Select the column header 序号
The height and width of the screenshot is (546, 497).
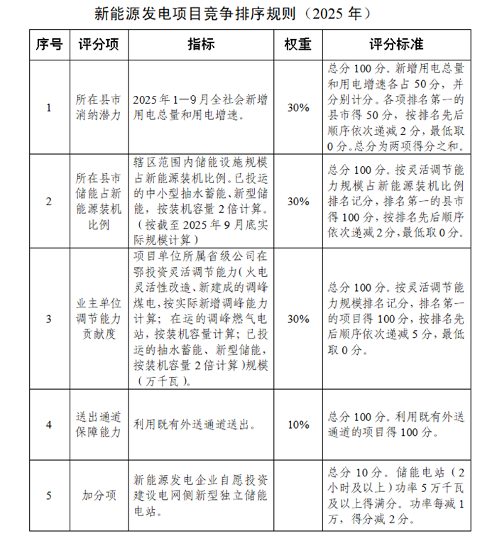coord(49,44)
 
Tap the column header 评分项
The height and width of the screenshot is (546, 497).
coord(99,44)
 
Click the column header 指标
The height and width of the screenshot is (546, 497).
coord(201,44)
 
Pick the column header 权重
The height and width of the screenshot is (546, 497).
coord(297,44)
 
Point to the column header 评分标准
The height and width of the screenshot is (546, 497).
coord(396,44)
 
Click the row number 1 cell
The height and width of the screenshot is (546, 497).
coord(49,108)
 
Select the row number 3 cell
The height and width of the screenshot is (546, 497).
coord(49,319)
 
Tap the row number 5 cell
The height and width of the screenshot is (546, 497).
coord(49,495)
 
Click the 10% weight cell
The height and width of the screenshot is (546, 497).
coord(297,425)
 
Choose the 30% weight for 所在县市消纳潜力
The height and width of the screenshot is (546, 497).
coord(297,108)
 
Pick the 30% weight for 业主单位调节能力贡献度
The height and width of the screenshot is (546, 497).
coord(297,319)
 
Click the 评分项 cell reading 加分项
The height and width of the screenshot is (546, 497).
coord(99,495)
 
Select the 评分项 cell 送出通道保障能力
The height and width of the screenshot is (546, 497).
coord(99,425)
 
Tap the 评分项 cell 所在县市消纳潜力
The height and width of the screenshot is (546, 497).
coord(99,108)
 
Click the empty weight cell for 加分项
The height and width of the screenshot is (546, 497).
coord(297,495)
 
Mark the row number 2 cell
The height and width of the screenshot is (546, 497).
coord(49,202)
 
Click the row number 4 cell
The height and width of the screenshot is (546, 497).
coord(49,425)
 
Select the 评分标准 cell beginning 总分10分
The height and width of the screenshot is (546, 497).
coord(396,495)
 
